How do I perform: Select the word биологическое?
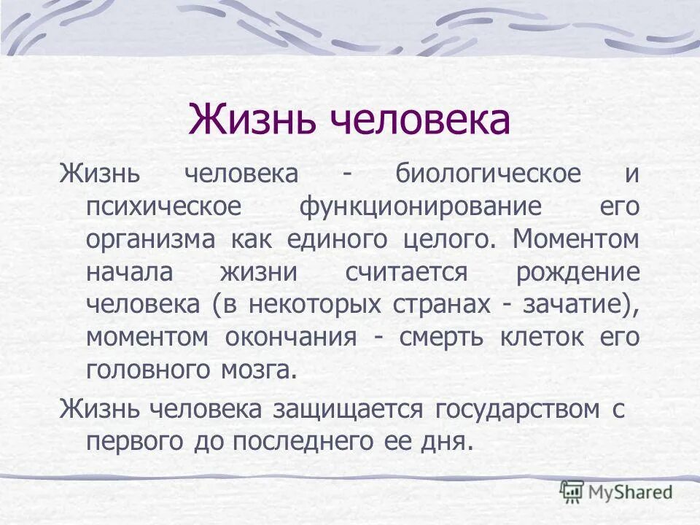coord(489,175)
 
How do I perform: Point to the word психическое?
coord(163,207)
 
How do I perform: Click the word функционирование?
coord(421,207)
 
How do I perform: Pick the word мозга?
coord(260,370)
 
